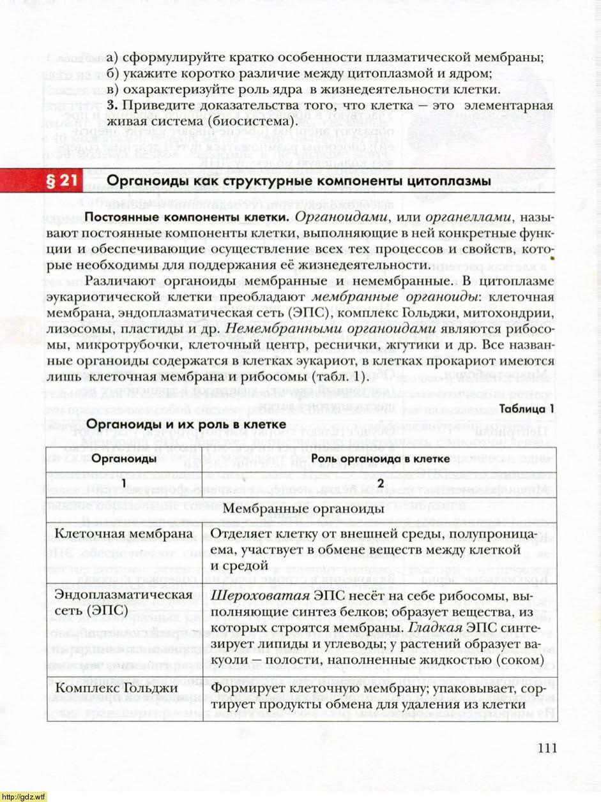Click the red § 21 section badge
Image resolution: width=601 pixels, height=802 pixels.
pyautogui.click(x=59, y=182)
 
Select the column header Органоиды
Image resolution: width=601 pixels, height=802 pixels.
pyautogui.click(x=124, y=459)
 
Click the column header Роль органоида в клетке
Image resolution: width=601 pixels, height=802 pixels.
pyautogui.click(x=381, y=459)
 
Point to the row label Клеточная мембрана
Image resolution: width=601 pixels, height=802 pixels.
pyautogui.click(x=124, y=533)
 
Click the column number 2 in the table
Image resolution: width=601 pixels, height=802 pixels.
pyautogui.click(x=381, y=483)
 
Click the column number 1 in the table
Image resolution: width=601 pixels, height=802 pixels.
pyautogui.click(x=124, y=483)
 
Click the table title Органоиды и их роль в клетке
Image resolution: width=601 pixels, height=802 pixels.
pyautogui.click(x=185, y=424)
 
